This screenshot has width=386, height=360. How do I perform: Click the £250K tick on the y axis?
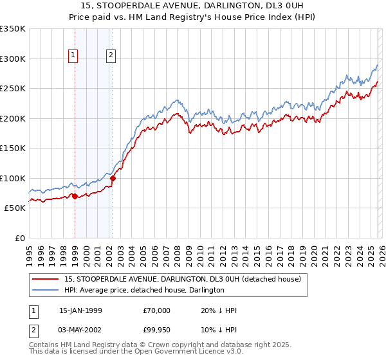coord(13,88)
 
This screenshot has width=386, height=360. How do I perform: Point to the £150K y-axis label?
coord(13,148)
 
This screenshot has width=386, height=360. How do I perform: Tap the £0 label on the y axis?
coord(19,238)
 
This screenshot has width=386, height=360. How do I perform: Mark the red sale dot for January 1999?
coord(75,196)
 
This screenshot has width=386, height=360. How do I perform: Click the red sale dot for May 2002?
coord(113,178)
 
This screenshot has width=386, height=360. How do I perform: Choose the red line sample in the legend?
coord(46,279)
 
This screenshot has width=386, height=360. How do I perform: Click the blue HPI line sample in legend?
coord(46,290)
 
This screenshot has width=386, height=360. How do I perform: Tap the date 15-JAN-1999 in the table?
coord(80,310)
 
